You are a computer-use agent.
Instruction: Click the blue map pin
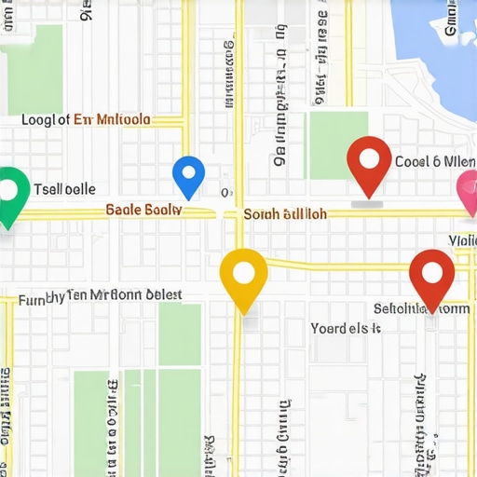pyautogui.click(x=188, y=175)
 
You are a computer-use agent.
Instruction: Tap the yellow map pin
pyautogui.click(x=243, y=277)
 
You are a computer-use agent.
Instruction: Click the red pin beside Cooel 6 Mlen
pyautogui.click(x=369, y=163)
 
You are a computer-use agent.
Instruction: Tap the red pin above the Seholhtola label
pyautogui.click(x=431, y=277)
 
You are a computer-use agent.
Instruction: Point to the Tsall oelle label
pyautogui.click(x=64, y=188)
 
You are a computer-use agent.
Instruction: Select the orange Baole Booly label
pyautogui.click(x=143, y=211)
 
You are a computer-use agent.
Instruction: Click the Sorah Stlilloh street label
pyautogui.click(x=285, y=213)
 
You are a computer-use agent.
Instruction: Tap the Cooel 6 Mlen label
pyautogui.click(x=434, y=161)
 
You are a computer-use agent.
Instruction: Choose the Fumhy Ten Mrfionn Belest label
pyautogui.click(x=101, y=296)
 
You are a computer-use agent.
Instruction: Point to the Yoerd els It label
pyautogui.click(x=346, y=328)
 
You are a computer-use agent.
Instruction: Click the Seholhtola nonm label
pyautogui.click(x=421, y=308)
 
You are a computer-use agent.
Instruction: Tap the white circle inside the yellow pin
pyautogui.click(x=243, y=272)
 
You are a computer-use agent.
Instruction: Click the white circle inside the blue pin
pyautogui.click(x=188, y=171)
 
